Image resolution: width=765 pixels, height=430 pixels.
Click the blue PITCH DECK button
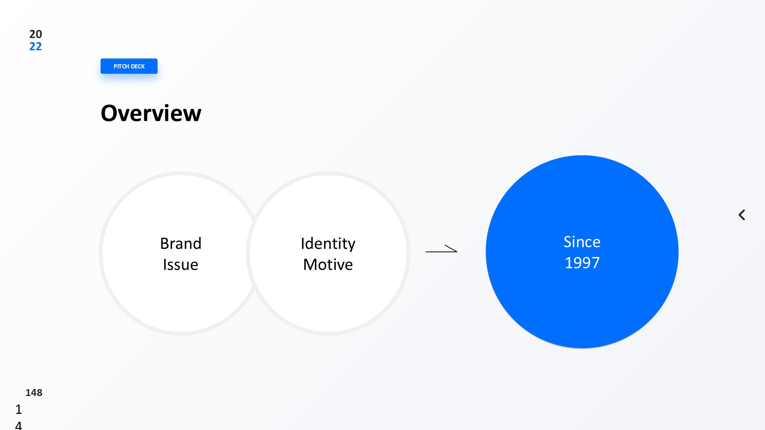[x=129, y=66]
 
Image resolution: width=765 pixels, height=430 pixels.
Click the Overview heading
[x=151, y=113]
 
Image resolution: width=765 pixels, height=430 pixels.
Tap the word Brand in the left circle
[x=181, y=243]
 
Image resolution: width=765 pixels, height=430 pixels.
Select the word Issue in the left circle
[x=181, y=264]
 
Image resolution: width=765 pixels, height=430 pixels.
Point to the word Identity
[x=328, y=244]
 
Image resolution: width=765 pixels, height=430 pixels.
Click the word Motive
[x=328, y=264]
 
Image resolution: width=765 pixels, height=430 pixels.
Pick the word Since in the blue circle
[x=582, y=242]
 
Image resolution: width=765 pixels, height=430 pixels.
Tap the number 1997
[x=582, y=263]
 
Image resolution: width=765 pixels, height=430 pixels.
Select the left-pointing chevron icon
[x=742, y=215]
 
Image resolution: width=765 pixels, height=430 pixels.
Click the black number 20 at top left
[x=36, y=34]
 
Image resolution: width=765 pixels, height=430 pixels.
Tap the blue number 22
[x=36, y=47]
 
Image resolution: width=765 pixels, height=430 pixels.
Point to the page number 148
[x=34, y=393]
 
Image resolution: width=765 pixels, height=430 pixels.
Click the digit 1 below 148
[x=19, y=409]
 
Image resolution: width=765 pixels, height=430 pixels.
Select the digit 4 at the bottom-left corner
[x=18, y=425]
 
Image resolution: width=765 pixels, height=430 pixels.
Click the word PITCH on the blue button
[x=121, y=67]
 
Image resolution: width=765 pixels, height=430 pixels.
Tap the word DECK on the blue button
[x=138, y=67]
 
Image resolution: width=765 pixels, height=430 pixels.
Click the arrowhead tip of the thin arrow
[x=457, y=252]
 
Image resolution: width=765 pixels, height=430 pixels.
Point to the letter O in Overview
[x=110, y=114]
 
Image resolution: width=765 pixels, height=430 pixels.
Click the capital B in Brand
[x=164, y=244]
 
